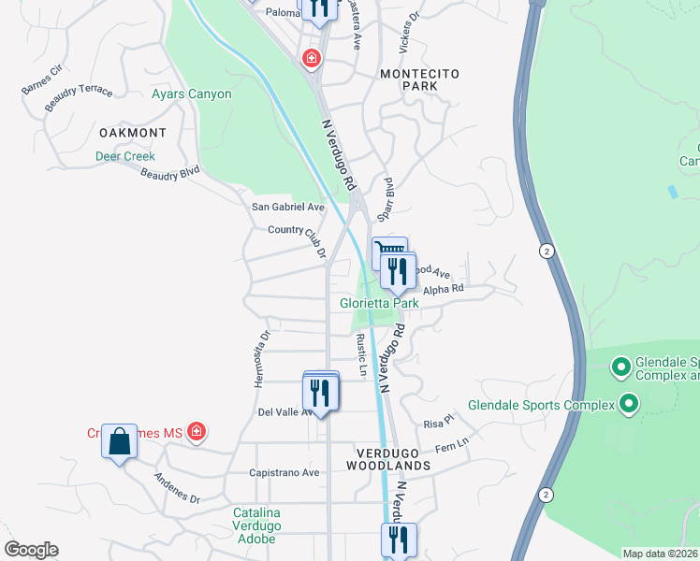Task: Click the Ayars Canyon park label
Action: (191, 94)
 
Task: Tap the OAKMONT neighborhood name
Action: (132, 134)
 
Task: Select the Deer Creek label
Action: (125, 156)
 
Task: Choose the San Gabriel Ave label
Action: (287, 207)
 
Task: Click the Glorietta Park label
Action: (379, 303)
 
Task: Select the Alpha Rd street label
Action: (444, 290)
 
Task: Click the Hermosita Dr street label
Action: (262, 357)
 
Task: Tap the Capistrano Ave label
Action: (284, 473)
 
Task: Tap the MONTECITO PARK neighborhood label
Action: (407, 79)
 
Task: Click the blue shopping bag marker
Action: (120, 439)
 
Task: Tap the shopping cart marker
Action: (388, 252)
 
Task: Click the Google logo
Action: (31, 550)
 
